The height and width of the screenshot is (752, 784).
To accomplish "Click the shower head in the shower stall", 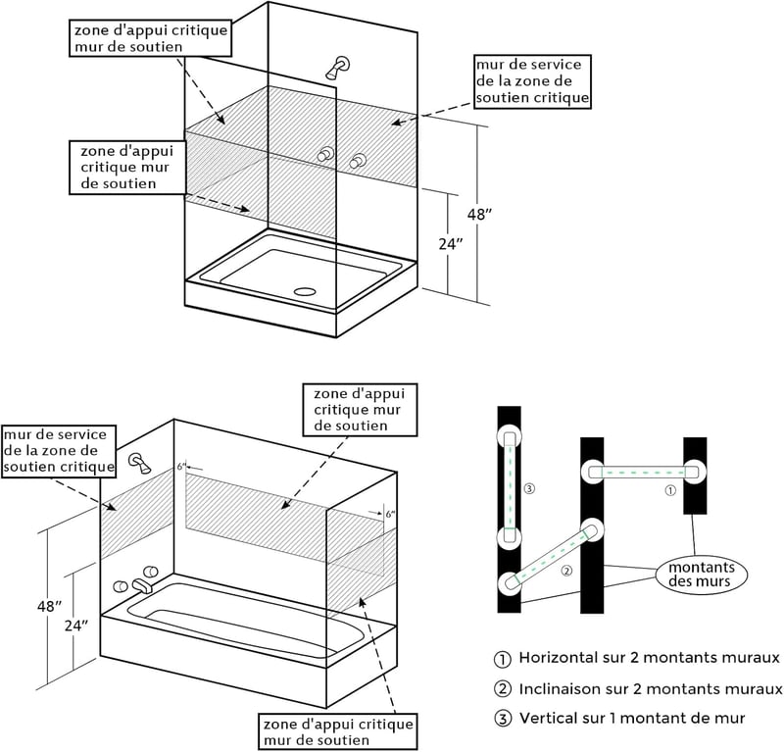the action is coord(338,68).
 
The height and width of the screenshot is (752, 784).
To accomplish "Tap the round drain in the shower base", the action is coord(305,290).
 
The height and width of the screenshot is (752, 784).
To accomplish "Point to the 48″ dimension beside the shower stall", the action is coord(479,215).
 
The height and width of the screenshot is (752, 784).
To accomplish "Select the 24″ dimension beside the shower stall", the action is coord(451,244).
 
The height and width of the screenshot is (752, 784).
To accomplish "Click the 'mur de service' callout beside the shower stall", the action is coord(532,81).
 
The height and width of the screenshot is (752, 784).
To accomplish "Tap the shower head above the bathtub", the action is coord(139,463).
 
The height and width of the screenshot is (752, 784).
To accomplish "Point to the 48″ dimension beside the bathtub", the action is coord(49,606).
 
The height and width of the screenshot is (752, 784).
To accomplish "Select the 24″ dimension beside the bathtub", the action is coord(76,625).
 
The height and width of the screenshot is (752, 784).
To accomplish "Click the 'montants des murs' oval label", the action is coord(702,575).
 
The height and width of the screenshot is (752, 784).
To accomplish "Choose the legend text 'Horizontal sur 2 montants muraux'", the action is coord(649,658).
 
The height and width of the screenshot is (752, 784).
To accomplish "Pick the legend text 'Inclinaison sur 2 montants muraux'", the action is coord(651,689).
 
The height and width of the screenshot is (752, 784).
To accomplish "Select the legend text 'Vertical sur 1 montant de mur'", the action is coord(632,718).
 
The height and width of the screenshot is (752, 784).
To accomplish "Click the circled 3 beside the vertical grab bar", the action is coord(529,488).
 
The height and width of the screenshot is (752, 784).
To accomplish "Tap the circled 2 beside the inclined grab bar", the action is coord(566,571).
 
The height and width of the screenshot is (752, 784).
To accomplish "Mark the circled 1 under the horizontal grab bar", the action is coord(670,490).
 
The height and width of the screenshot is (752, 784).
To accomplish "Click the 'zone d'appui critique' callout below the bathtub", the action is coord(338,732).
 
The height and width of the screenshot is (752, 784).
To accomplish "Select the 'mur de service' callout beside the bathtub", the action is coord(59,451).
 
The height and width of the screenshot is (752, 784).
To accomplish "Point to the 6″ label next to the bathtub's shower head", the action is coord(181,467).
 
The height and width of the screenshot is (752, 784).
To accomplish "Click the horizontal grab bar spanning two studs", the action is coord(643,472).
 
